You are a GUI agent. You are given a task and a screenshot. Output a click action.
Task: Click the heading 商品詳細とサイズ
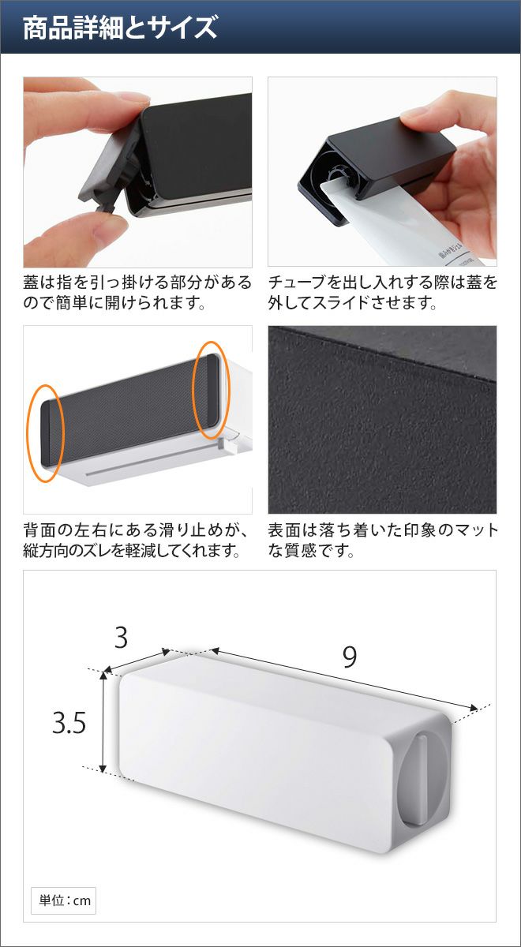(120, 28)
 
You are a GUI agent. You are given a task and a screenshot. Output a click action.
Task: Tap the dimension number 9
(349, 657)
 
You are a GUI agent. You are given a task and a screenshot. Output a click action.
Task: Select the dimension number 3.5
(69, 723)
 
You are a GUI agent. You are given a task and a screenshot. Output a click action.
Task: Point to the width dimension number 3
(121, 638)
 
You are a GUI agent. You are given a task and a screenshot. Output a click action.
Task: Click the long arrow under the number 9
(344, 679)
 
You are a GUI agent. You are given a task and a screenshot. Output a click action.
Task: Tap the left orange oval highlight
(45, 432)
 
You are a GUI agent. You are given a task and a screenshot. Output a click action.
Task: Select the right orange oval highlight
(211, 390)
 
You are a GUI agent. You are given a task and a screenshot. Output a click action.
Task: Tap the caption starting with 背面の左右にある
(137, 541)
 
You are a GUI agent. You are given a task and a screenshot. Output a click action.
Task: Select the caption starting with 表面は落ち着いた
(383, 541)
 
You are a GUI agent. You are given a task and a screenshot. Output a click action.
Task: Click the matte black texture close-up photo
(382, 419)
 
